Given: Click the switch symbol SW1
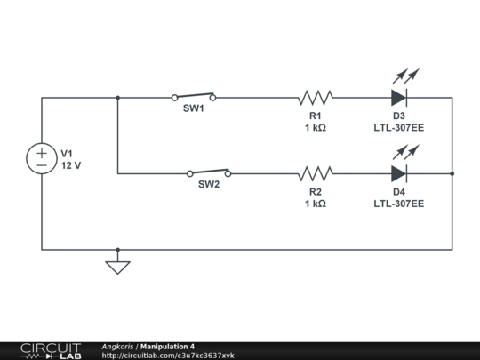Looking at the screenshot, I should click(x=194, y=96).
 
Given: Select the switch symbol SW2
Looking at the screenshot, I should click(x=209, y=172).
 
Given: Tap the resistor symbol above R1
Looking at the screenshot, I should click(x=316, y=98).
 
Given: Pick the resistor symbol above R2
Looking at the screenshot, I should click(x=316, y=173).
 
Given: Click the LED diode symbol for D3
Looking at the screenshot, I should click(x=399, y=97).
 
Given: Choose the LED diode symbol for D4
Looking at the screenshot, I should click(x=399, y=173).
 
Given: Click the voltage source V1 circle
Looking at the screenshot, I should click(x=42, y=159).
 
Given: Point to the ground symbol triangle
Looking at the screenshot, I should click(x=117, y=266).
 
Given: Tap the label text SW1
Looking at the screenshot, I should click(x=194, y=109).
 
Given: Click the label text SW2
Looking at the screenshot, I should click(x=209, y=186).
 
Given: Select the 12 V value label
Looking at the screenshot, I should click(x=71, y=165).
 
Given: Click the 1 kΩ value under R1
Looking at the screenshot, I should click(x=316, y=128).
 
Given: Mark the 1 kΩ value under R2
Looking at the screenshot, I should click(x=316, y=204).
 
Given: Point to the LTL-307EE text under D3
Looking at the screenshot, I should click(x=399, y=128).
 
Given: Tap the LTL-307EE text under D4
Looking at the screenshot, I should click(x=399, y=204).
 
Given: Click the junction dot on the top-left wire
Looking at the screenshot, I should click(x=117, y=98).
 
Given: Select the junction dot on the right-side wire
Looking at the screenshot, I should click(x=452, y=173).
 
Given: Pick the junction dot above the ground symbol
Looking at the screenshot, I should click(x=117, y=250).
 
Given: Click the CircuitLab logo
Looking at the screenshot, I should click(x=50, y=350).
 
